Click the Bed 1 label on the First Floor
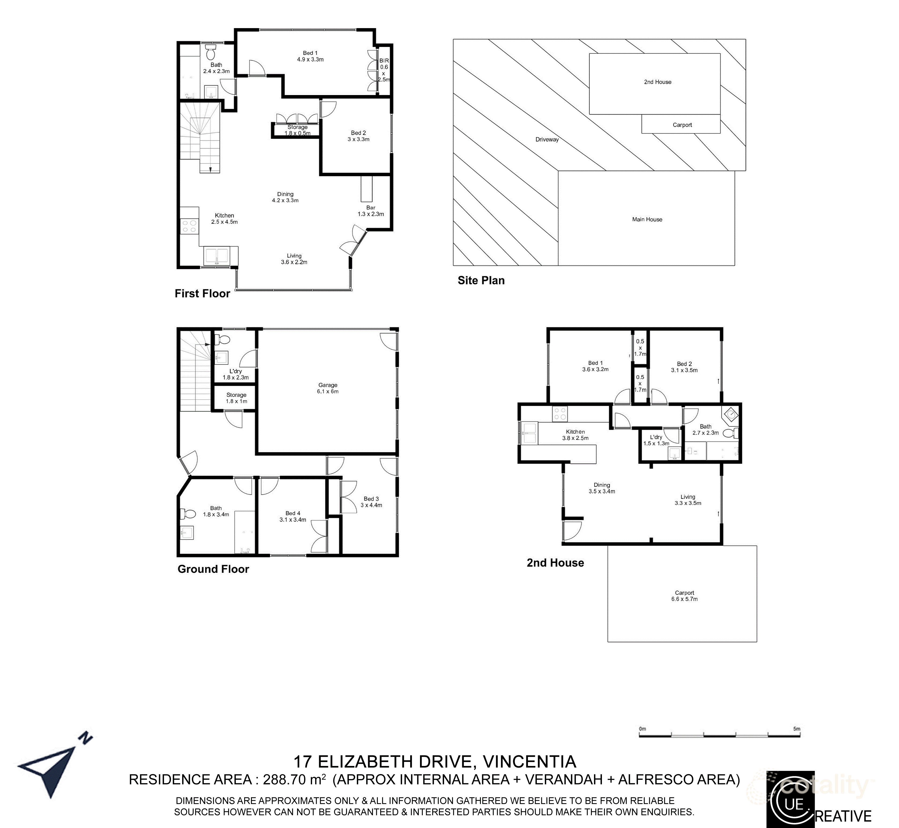pyautogui.click(x=310, y=56)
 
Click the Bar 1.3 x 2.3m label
pyautogui.click(x=371, y=211)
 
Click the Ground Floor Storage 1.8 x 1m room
pyautogui.click(x=236, y=398)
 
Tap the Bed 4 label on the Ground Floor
pyautogui.click(x=293, y=516)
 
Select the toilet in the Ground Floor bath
pyautogui.click(x=188, y=513)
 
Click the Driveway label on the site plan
pyautogui.click(x=547, y=139)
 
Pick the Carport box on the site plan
pyautogui.click(x=682, y=125)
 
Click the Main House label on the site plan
pyautogui.click(x=647, y=219)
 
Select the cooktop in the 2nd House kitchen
pyautogui.click(x=560, y=413)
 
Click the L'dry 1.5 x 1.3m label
pyautogui.click(x=656, y=440)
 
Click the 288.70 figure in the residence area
pyautogui.click(x=285, y=780)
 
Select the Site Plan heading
pyautogui.click(x=481, y=280)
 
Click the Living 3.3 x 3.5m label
pyautogui.click(x=687, y=500)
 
